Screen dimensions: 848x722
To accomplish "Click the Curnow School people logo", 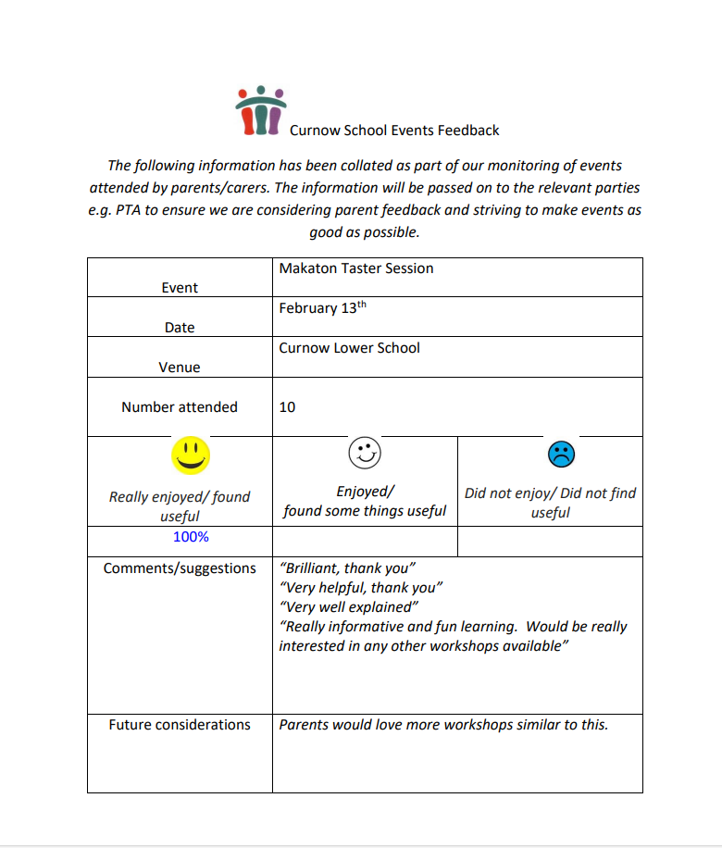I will pos(260,110).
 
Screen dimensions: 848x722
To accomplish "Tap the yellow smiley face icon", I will pos(191,455).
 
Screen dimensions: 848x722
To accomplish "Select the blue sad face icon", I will pos(561,454).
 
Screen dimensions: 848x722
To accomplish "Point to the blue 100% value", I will pos(191,537).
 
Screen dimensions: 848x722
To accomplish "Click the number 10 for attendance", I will pos(287,407).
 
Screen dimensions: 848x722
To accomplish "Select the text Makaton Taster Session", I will pos(356,268).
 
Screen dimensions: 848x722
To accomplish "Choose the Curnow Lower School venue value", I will pos(349,348).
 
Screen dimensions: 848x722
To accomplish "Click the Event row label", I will pos(180,288).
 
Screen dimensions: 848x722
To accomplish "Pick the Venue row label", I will pos(180,368).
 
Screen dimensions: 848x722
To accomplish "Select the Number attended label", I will pos(180,407).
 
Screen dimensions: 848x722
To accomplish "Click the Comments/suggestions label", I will pos(180,568).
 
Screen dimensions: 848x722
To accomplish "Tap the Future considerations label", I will pos(180,725).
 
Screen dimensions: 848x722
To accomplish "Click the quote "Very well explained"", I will pos(349,607).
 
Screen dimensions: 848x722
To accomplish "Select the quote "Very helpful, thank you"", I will pos(361,588).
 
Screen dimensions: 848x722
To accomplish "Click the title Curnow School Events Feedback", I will pos(394,131).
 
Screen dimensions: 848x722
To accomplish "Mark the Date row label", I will pos(180,328).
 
